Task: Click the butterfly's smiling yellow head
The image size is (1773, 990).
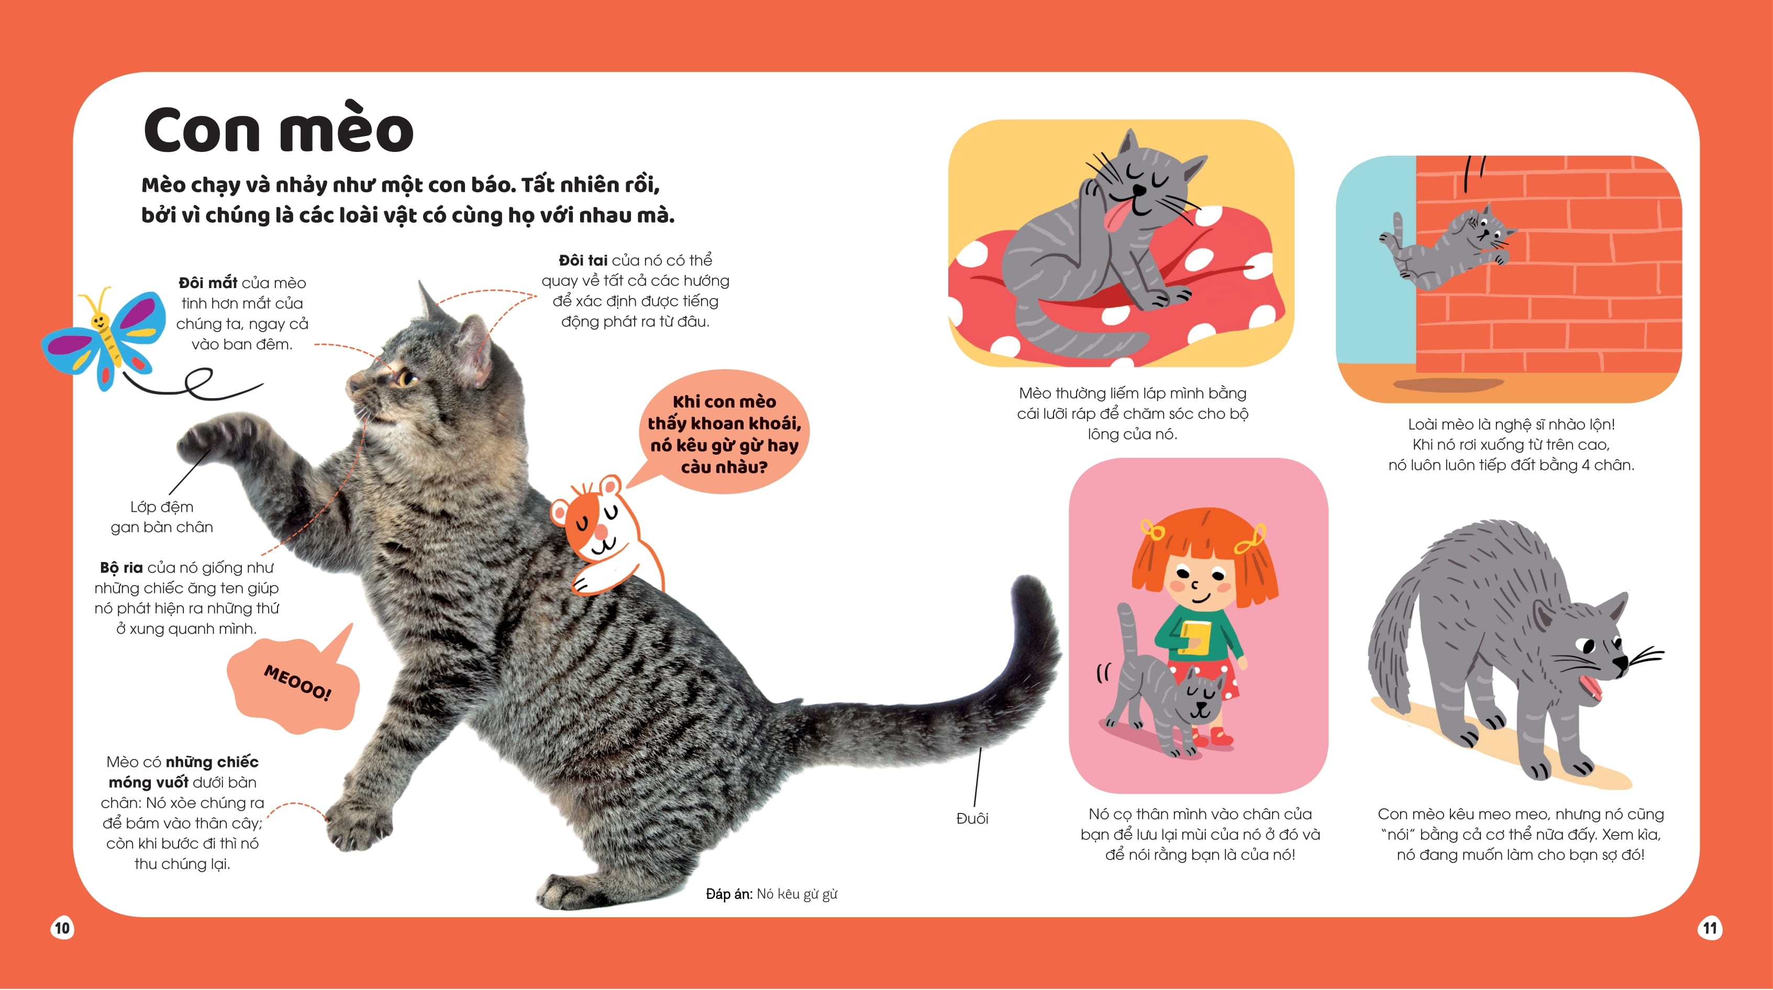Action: pos(100,321)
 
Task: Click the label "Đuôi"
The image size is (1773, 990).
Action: pos(972,818)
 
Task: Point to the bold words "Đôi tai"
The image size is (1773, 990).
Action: pos(583,260)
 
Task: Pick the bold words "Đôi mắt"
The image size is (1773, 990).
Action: pos(208,283)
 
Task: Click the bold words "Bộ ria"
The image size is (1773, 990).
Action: pos(121,568)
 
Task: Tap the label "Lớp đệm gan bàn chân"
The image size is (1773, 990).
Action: pos(162,517)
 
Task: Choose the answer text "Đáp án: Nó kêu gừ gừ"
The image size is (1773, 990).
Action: pos(771,894)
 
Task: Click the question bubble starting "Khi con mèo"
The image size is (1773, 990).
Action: pos(724,434)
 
